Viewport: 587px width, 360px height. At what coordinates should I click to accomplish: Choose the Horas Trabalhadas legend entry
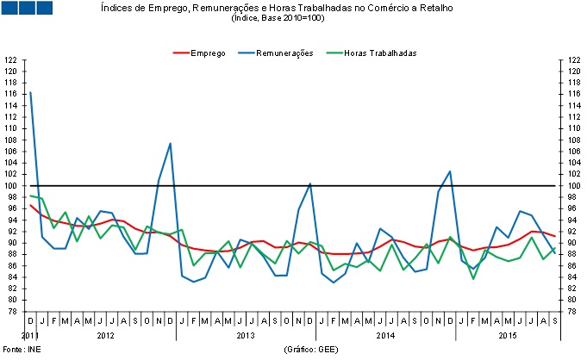pos(379,53)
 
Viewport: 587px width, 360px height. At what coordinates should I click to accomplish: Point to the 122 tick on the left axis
pos(10,59)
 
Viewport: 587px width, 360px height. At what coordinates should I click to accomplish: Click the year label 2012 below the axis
pos(106,334)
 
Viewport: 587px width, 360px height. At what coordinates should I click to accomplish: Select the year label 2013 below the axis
pos(247,334)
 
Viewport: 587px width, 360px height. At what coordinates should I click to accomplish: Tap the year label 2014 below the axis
pos(386,334)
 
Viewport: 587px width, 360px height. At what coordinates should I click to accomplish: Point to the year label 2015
pos(509,334)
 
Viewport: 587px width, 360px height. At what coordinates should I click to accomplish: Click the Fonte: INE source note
pos(21,351)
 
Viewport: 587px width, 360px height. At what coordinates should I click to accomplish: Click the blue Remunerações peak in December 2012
pos(171,143)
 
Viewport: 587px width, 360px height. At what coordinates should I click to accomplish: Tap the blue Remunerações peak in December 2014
pos(450,171)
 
